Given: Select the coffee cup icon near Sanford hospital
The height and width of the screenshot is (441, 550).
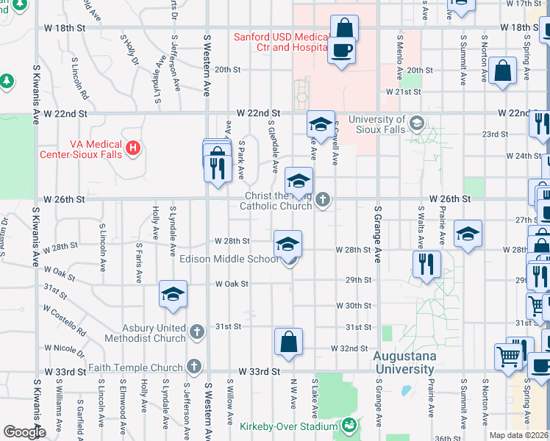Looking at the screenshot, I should [x=341, y=51].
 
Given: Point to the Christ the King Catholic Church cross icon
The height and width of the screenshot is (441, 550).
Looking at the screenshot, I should [x=321, y=199].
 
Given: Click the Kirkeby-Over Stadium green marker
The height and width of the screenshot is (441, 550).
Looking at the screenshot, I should [x=349, y=426].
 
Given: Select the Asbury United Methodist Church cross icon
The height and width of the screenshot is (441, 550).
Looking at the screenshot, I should [x=196, y=332].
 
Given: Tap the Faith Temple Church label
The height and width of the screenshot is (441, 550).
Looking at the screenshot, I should [x=135, y=367].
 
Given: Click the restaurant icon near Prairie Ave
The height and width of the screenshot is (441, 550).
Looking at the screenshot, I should [x=426, y=265].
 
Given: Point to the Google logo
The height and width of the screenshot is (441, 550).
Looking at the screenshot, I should [x=24, y=431].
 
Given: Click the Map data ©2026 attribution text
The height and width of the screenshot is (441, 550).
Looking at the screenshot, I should [x=519, y=435].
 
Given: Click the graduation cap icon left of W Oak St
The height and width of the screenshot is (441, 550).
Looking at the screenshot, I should [x=174, y=294].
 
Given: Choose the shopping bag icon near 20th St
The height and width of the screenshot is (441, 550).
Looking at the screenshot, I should [x=504, y=72].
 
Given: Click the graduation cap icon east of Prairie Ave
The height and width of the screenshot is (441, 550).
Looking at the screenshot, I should [x=468, y=234].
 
